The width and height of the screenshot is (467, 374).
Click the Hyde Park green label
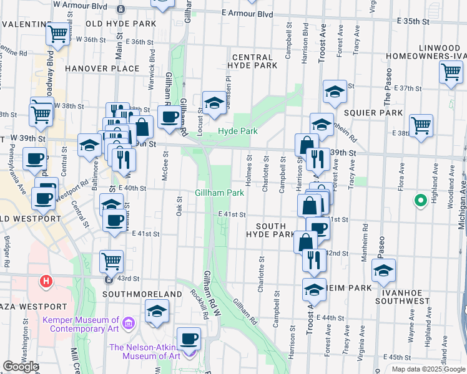tap(237, 132)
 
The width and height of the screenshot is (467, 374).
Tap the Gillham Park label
tap(220, 193)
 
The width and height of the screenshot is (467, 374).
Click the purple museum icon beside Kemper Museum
tap(129, 323)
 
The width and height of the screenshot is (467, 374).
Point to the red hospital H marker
tap(46, 282)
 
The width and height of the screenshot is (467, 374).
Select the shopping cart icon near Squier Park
tap(421, 124)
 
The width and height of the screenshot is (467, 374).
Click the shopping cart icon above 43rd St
tap(111, 261)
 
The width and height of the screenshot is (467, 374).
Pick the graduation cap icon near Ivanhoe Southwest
tap(383, 270)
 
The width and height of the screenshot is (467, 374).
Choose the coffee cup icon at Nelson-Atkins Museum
tap(189, 338)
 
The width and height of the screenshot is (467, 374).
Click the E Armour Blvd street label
tap(248, 14)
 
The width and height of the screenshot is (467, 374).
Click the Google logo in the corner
tap(21, 367)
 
